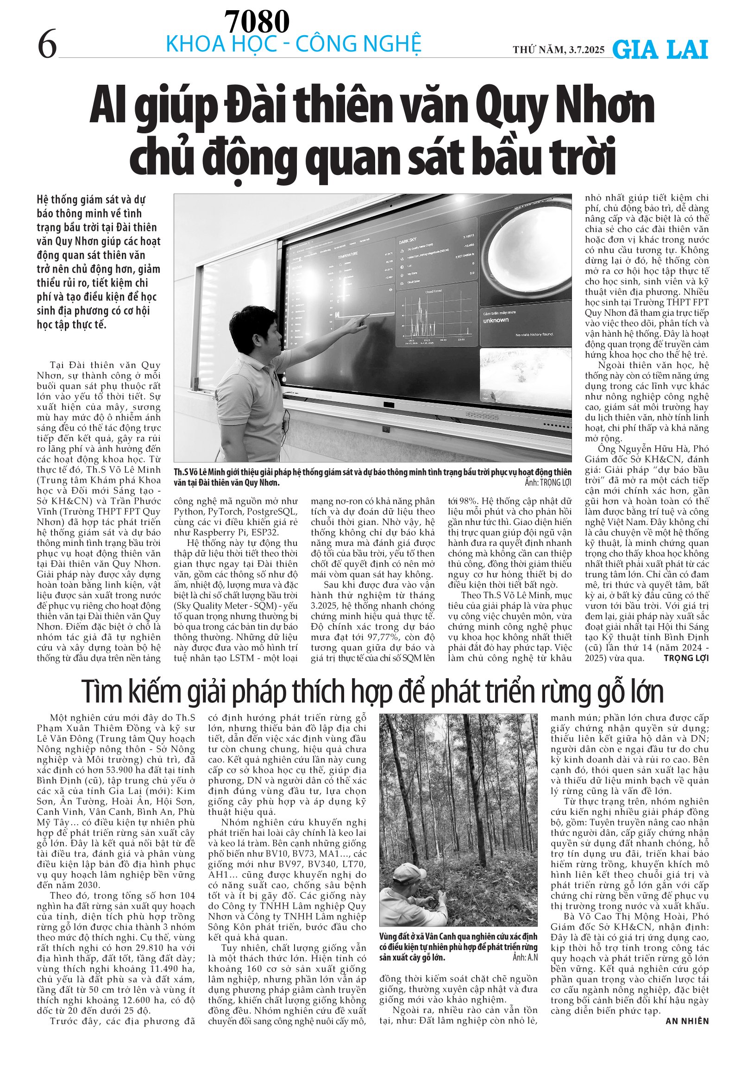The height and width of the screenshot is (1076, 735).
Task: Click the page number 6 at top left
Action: coord(47,44)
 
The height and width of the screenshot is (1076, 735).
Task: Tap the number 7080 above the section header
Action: coord(257,21)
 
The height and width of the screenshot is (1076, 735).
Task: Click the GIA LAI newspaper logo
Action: coord(660,50)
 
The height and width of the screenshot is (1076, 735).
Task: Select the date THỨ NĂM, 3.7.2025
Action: coord(559,50)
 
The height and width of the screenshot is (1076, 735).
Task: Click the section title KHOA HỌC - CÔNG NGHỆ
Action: coord(294,44)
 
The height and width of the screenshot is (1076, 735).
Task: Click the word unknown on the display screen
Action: coord(496,320)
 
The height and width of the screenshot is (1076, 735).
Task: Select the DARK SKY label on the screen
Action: coord(408,241)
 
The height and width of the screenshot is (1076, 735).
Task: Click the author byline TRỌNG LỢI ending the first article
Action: coord(686,658)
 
